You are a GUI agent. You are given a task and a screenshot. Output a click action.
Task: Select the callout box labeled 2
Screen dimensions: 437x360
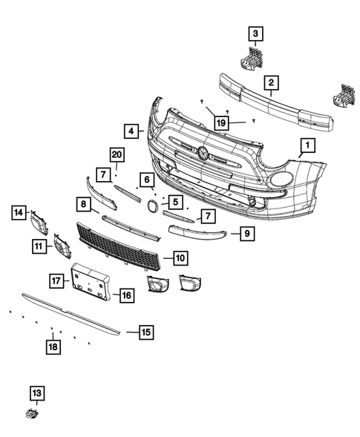(x=272, y=82)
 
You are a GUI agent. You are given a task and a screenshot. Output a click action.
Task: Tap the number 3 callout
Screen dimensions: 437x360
(x=255, y=33)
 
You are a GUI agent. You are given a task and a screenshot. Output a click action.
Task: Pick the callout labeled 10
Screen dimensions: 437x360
(x=180, y=258)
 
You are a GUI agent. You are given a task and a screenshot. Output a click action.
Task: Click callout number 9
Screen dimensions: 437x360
(x=246, y=234)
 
